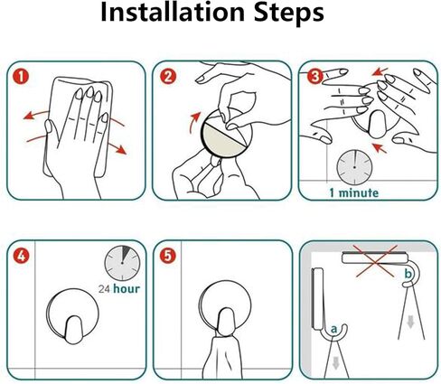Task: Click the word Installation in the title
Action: tap(173, 12)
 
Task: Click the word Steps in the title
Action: tap(289, 13)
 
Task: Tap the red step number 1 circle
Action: tap(21, 77)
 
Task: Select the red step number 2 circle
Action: tap(168, 77)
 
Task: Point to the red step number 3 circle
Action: tap(314, 77)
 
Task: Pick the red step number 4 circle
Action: tap(21, 257)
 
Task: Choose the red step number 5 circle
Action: tap(168, 256)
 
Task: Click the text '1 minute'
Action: tap(354, 192)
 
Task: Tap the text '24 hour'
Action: tap(119, 289)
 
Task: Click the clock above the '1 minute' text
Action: tap(354, 166)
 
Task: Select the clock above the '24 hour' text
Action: tap(122, 263)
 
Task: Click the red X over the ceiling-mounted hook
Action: tap(376, 261)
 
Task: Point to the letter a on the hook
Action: tap(333, 329)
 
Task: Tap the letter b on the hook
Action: tap(408, 275)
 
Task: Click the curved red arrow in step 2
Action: tap(194, 123)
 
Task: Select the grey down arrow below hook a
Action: tap(335, 364)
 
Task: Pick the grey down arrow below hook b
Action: tap(410, 322)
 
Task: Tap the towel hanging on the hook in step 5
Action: tap(222, 358)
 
